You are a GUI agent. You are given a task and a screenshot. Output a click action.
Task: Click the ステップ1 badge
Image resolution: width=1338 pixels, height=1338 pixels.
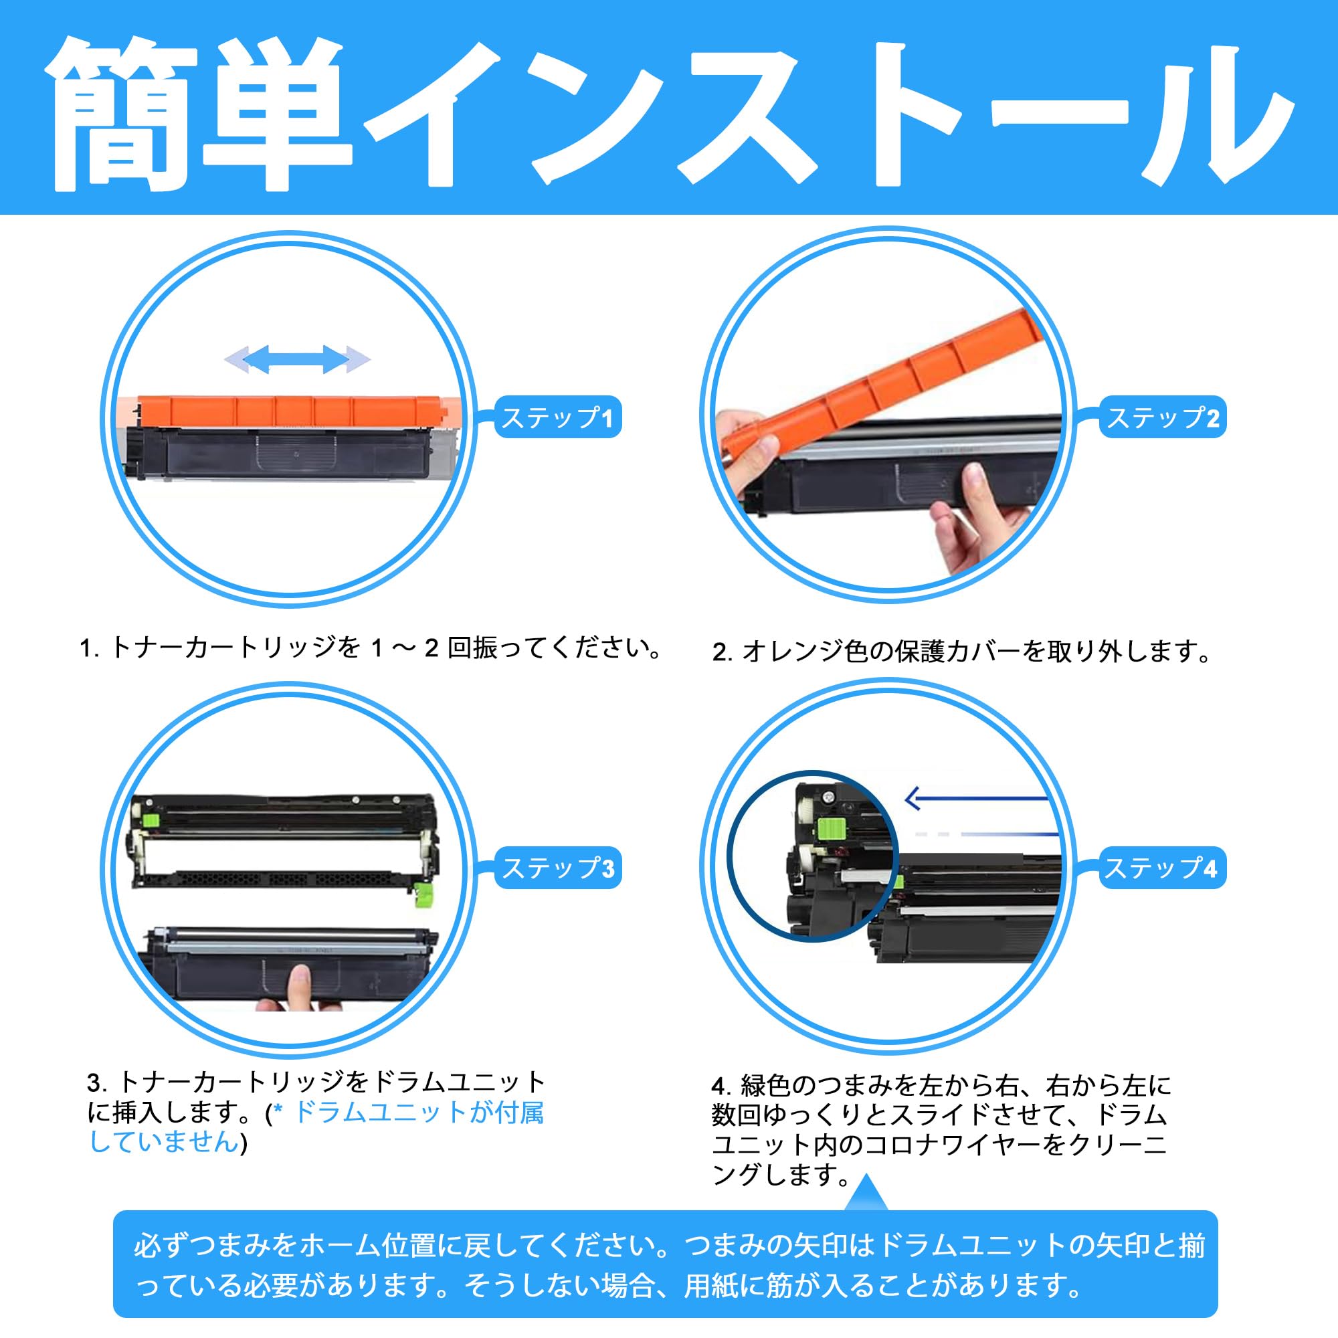pyautogui.click(x=557, y=417)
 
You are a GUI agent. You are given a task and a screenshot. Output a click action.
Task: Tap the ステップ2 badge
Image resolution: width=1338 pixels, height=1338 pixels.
pyautogui.click(x=1163, y=417)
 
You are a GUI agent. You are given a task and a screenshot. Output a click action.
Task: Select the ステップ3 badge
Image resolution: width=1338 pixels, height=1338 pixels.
pyautogui.click(x=557, y=868)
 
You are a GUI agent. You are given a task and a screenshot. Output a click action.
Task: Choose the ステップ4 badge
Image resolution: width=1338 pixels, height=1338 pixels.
pyautogui.click(x=1163, y=868)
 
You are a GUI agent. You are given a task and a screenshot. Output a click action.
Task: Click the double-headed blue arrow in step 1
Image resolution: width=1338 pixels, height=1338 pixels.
pyautogui.click(x=297, y=359)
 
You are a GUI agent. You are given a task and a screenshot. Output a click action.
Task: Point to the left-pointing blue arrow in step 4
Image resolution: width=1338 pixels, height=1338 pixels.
pyautogui.click(x=977, y=800)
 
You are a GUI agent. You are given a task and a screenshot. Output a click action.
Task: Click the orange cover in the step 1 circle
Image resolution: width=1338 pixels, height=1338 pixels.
pyautogui.click(x=291, y=411)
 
